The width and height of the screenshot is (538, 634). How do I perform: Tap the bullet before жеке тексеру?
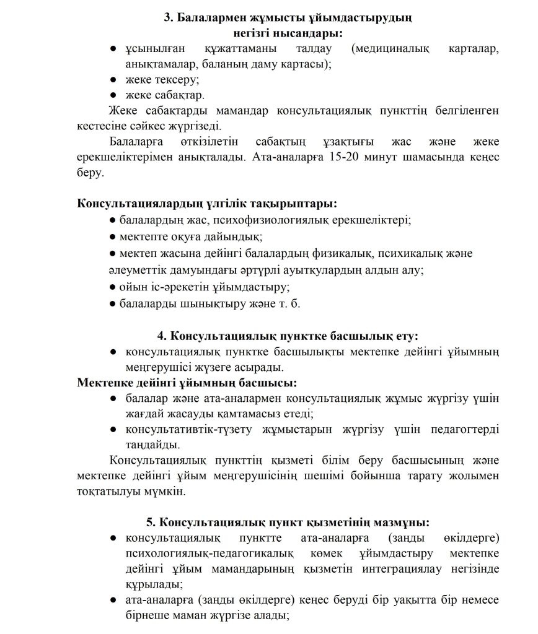(x=113, y=80)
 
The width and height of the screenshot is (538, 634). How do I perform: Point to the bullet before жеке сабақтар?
(x=113, y=95)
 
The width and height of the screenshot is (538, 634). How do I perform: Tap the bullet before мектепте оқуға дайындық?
(x=112, y=237)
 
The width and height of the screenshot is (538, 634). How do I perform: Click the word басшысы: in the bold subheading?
(x=271, y=383)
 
